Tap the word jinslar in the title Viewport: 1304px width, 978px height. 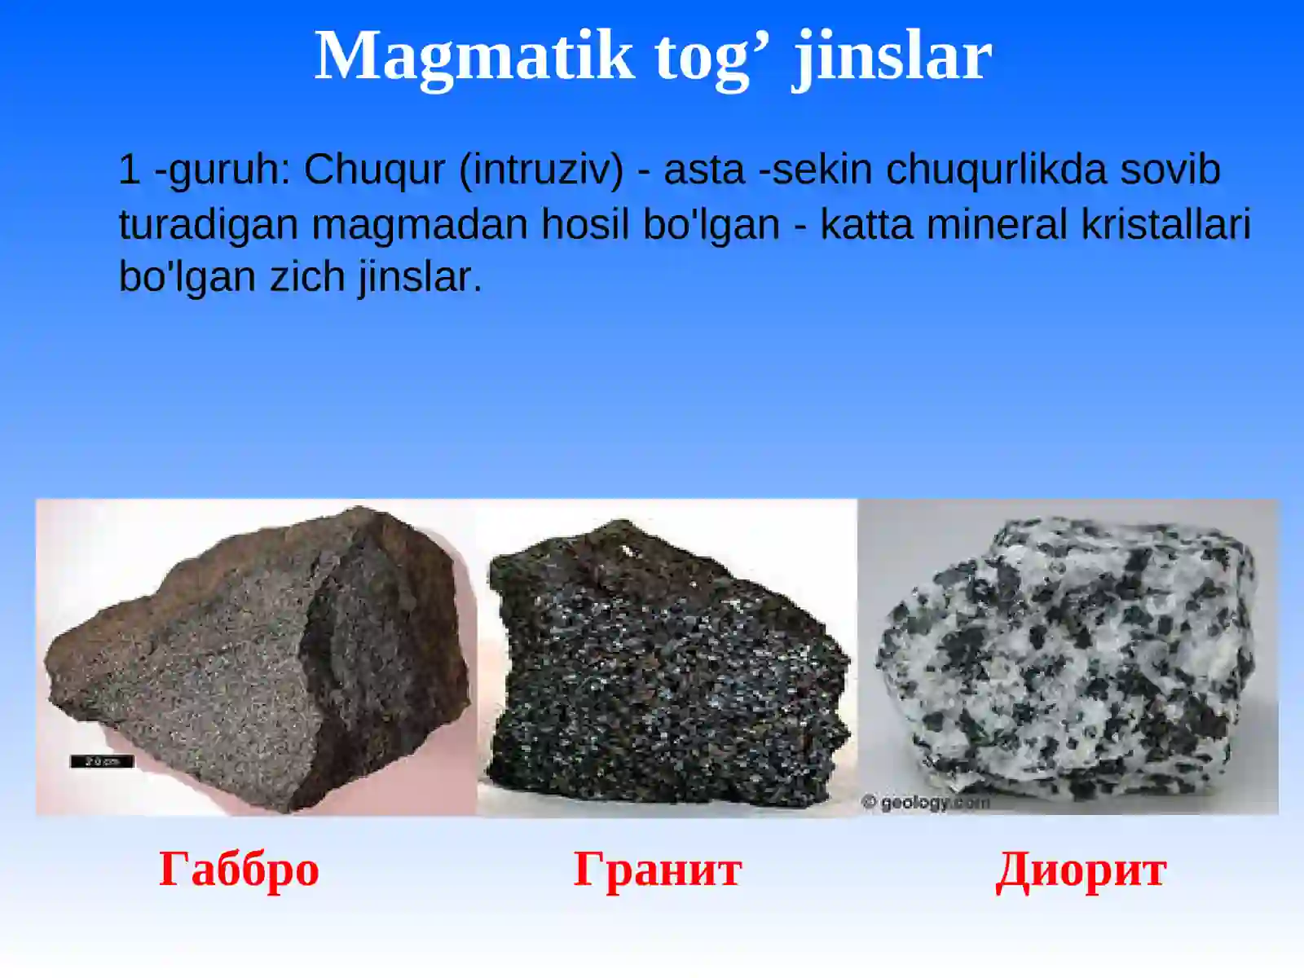tap(893, 55)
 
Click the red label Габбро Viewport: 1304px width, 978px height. tap(239, 869)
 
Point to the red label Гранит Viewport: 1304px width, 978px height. tap(658, 869)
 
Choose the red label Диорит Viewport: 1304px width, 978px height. tap(1081, 869)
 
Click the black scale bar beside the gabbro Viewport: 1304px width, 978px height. tap(102, 761)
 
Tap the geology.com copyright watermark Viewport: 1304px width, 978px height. tap(926, 803)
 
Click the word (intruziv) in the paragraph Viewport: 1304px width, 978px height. tap(541, 170)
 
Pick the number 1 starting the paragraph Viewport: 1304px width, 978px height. tap(129, 170)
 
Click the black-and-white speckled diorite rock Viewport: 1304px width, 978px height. tap(1068, 660)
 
